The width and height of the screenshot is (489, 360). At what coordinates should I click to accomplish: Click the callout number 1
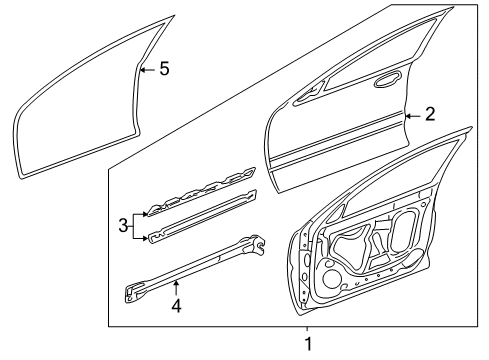tap(309, 346)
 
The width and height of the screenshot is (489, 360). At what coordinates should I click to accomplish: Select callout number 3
tap(122, 224)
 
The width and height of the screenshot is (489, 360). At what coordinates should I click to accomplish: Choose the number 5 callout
tap(164, 68)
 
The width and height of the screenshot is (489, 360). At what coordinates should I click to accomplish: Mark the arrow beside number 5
tap(146, 68)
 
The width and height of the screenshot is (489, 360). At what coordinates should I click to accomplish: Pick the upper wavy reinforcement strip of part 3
tap(200, 194)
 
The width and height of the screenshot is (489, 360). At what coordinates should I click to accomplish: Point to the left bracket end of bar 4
tap(136, 294)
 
